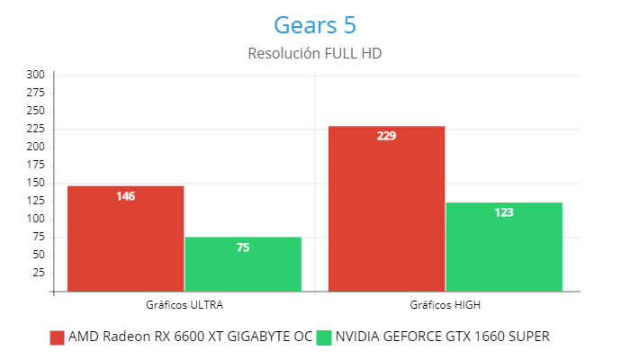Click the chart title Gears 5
(x=315, y=23)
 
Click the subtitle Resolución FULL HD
(x=315, y=54)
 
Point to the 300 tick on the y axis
(x=36, y=75)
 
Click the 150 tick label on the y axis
(x=36, y=183)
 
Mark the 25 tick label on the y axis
(x=39, y=273)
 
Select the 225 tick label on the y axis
(x=36, y=129)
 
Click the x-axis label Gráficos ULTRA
(x=184, y=304)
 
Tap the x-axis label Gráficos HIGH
(x=445, y=304)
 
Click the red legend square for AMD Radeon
(x=58, y=337)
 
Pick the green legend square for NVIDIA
(x=325, y=337)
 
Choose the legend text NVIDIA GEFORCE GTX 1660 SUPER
(x=442, y=337)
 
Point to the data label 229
(x=387, y=136)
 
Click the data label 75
(x=243, y=247)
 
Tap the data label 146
(x=126, y=195)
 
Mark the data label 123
(x=504, y=212)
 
